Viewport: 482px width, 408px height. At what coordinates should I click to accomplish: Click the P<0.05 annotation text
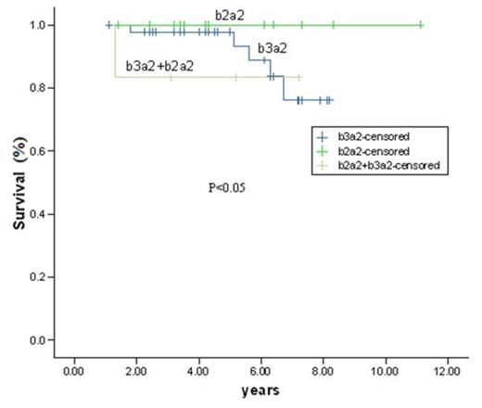click(226, 188)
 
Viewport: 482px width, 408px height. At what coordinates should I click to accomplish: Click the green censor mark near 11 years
click(421, 25)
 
